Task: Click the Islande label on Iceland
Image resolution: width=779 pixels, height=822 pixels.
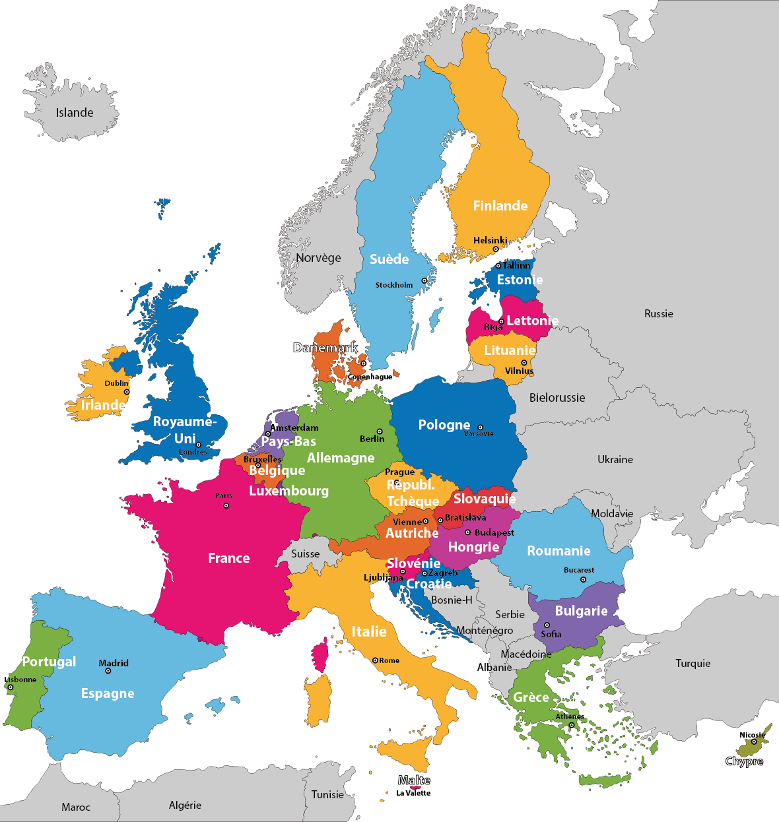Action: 75,113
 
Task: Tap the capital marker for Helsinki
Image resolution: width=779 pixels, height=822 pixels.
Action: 496,249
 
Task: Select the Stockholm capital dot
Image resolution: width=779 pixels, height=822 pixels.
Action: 424,280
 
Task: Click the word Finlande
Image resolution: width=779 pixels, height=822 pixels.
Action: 500,206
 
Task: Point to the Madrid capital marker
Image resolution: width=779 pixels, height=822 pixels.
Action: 108,671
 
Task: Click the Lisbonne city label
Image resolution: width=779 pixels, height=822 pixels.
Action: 20,680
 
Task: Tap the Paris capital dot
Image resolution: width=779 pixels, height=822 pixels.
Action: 226,505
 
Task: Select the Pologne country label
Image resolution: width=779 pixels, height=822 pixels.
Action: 444,425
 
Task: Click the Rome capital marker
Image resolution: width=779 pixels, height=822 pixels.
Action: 375,660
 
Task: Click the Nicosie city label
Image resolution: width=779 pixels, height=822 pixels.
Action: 752,735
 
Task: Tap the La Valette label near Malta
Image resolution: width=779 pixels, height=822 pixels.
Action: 413,793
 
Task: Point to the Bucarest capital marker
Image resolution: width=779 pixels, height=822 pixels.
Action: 583,580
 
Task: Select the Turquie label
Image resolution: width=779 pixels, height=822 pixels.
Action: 693,664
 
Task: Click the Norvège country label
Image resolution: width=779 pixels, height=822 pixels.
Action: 318,258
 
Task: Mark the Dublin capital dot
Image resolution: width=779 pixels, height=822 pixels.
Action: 127,392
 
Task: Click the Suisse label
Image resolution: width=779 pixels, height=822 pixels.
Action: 306,554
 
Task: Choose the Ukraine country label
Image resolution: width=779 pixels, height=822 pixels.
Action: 615,460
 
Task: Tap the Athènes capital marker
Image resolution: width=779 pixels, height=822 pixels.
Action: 572,725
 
